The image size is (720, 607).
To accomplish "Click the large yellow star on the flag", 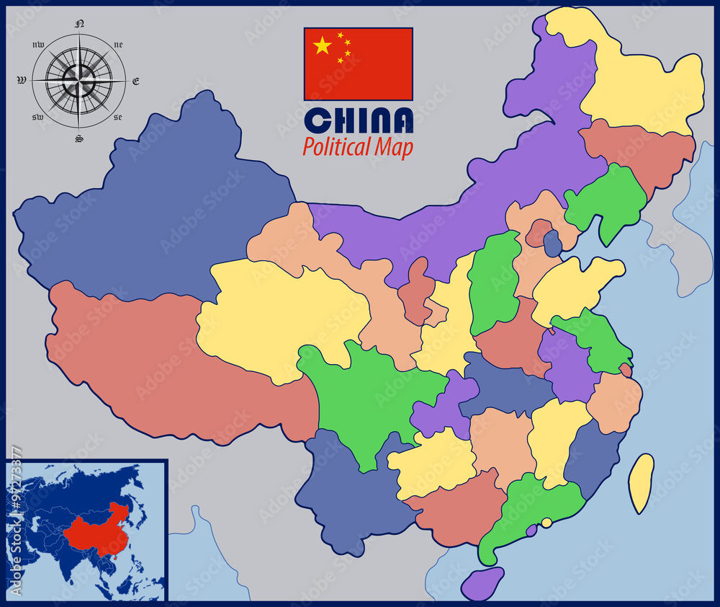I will [323, 47].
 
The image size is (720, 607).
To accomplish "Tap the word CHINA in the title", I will [359, 121].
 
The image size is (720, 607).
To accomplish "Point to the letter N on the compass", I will [79, 24].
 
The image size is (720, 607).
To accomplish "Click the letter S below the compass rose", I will [79, 138].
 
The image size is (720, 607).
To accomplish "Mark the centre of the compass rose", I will [79, 79].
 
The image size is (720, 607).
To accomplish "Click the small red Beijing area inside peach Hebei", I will [538, 232].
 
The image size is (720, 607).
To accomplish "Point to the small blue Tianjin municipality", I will [552, 244].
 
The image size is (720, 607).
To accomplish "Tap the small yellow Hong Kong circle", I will [547, 522].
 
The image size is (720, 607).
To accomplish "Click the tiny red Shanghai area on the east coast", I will [625, 370].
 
